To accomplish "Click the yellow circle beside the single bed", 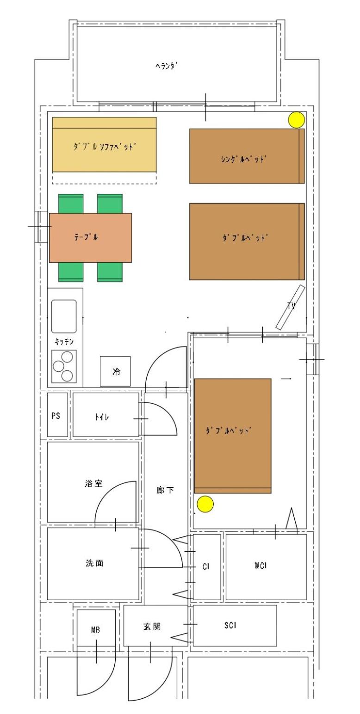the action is coord(296,120).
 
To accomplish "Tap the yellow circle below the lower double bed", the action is coord(205,504).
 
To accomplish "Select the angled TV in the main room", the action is coord(291,307).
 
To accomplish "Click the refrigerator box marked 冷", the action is coord(115,371).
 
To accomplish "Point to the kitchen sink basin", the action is coord(64,316).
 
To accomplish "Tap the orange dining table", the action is coord(90,238).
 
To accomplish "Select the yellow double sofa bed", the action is coord(104,144).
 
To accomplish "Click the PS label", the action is coord(56,416).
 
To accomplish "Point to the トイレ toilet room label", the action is coord(102,417).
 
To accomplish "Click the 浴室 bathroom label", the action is coord(93,483).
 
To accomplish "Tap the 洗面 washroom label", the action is coord(94,563).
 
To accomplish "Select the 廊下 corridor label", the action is coord(165,490).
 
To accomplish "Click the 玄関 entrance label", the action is coord(152,626).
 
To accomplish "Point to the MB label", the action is coord(95,629).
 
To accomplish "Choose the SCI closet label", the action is coord(230,625).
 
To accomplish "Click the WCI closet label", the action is coord(260,565).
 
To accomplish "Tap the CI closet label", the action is coord(205,566).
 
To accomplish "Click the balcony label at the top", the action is coord(166,66).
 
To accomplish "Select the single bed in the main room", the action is coord(247,156).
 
